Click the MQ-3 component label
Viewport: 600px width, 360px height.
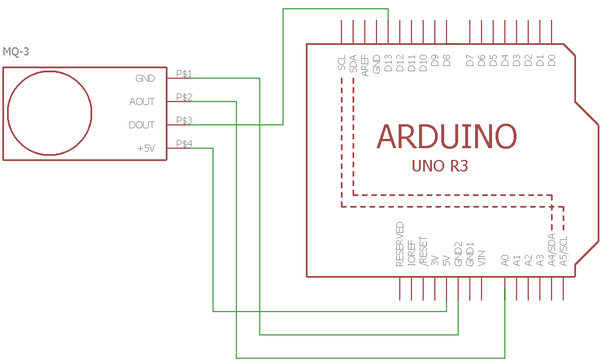16,51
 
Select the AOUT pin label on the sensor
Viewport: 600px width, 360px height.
142,101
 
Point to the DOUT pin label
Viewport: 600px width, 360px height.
142,125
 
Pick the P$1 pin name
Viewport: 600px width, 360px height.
184,73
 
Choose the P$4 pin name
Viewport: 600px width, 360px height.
184,144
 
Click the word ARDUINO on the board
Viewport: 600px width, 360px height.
446,136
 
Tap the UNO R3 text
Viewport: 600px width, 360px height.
440,167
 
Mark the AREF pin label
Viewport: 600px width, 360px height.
365,65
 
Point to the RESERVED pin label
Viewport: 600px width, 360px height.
400,243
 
